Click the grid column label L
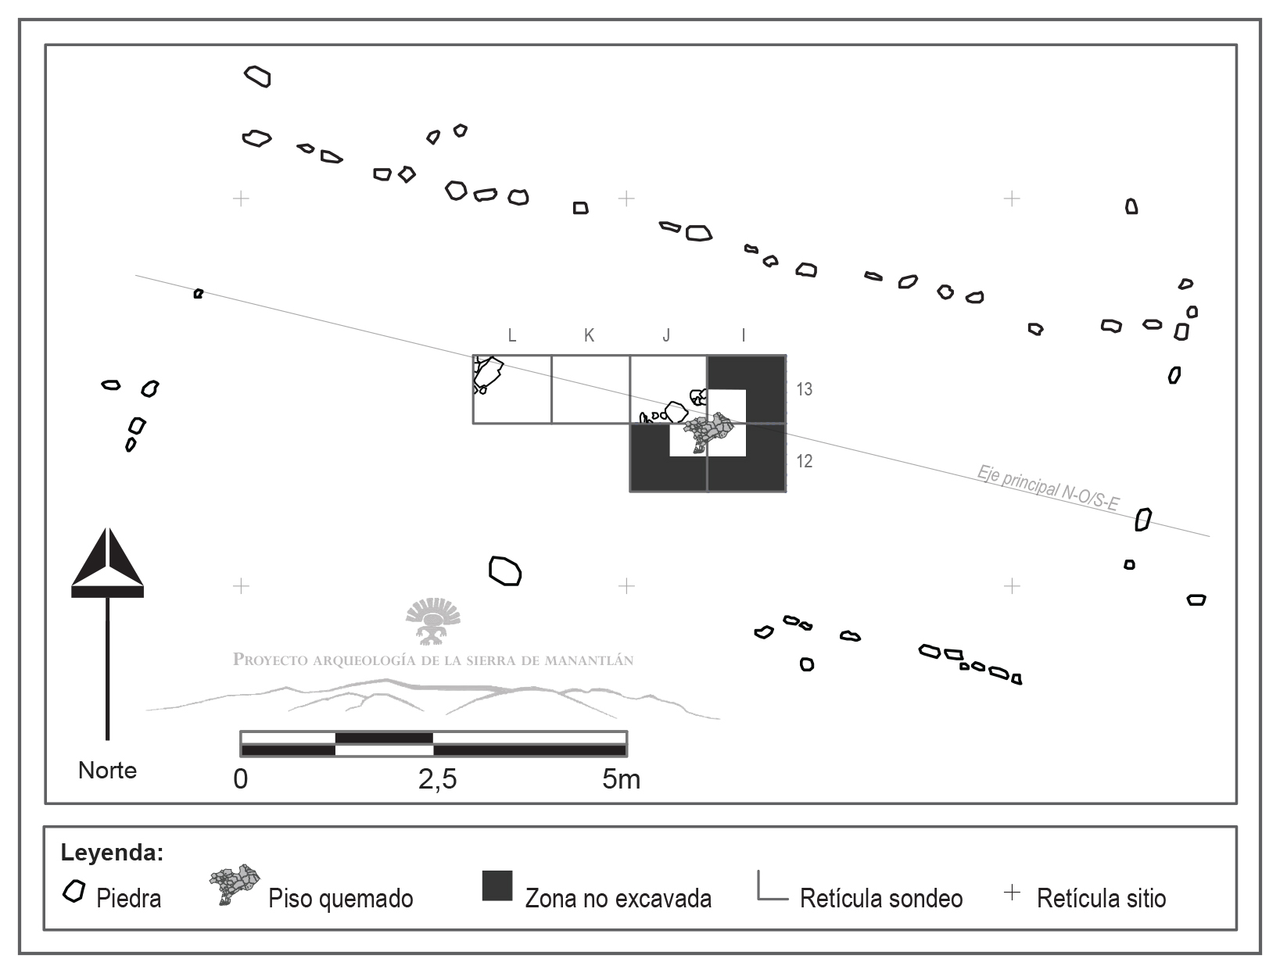click(512, 336)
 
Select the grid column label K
click(589, 336)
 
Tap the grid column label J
click(666, 336)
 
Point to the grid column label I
click(743, 336)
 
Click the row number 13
click(805, 389)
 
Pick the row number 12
click(805, 461)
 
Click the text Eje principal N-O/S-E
click(1048, 488)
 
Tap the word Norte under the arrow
click(107, 771)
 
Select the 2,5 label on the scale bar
click(438, 779)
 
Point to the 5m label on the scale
click(621, 779)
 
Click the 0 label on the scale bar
click(241, 779)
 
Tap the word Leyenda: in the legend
click(112, 852)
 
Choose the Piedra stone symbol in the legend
click(74, 892)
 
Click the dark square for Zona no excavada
click(497, 885)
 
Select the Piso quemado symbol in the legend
click(235, 883)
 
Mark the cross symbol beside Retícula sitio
click(1012, 892)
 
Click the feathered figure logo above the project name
click(432, 620)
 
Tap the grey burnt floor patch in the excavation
click(710, 431)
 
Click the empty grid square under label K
click(590, 389)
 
